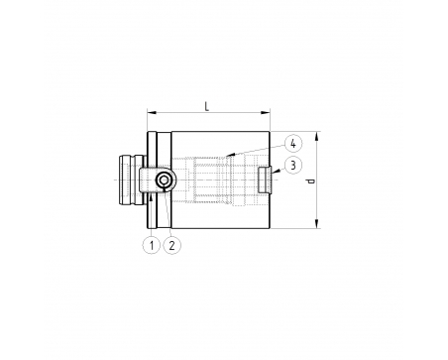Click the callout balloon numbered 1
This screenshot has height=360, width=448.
(152, 245)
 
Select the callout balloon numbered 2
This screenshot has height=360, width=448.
(172, 245)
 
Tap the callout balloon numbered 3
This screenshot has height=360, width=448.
(293, 165)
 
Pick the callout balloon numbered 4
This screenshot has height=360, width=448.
(293, 144)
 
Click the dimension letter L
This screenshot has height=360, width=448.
(207, 106)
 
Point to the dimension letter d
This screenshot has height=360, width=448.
(310, 180)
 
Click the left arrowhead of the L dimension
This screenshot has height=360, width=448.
(152, 113)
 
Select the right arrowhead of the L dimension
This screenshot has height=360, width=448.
(266, 113)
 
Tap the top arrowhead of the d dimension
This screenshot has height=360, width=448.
(317, 136)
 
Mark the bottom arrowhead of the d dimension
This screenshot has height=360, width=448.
(317, 223)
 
